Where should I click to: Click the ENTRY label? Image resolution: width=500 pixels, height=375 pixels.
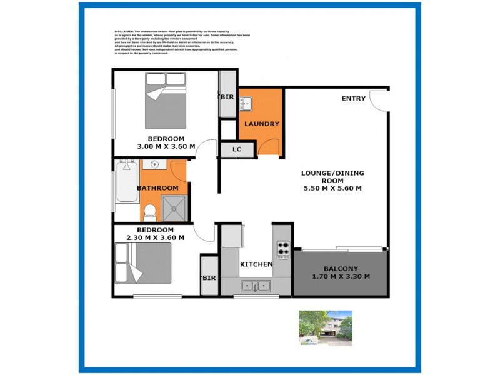tap(354, 99)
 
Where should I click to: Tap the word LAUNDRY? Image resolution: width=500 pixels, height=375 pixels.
tap(261, 124)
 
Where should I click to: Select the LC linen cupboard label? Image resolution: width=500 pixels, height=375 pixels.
tap(237, 149)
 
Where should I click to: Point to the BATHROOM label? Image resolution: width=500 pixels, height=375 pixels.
tap(157, 188)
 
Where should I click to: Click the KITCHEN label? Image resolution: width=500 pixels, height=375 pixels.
tap(256, 264)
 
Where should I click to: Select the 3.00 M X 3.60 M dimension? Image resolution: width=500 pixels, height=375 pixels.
tap(166, 146)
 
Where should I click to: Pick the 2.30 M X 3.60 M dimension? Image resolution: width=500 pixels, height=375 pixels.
tap(155, 237)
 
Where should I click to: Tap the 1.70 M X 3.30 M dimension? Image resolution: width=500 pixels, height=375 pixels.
tap(341, 277)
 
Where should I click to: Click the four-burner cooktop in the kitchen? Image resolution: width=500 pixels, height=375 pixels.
tap(283, 249)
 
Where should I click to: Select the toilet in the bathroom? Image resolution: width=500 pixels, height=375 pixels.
tap(150, 212)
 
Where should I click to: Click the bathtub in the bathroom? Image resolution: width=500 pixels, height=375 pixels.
tap(127, 182)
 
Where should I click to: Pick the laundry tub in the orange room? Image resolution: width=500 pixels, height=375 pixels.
tap(245, 103)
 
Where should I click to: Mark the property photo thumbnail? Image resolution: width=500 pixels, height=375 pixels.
tap(325, 327)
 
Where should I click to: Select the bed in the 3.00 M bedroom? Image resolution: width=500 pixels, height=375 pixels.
tap(166, 100)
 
